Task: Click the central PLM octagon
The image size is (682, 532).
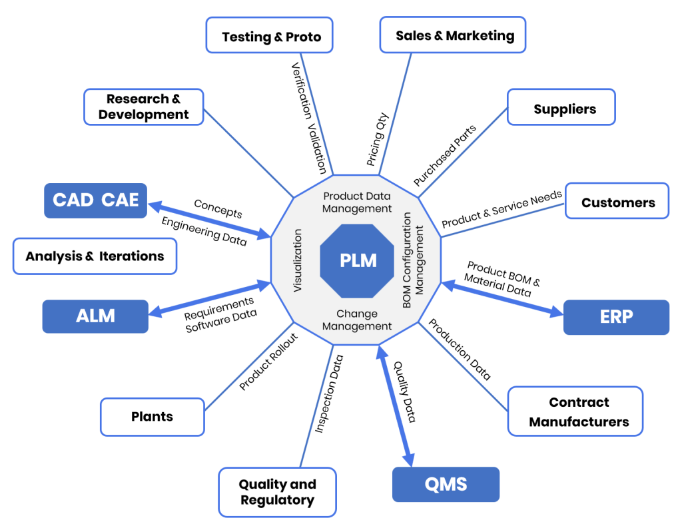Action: tap(358, 261)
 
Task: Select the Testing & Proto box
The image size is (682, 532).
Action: tap(270, 35)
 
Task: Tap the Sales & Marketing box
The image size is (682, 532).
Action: tap(453, 35)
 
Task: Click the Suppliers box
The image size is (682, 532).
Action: tap(561, 107)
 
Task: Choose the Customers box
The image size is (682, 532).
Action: tap(617, 201)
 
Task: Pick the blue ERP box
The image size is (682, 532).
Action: tap(616, 317)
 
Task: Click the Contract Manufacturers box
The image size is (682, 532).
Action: tap(575, 411)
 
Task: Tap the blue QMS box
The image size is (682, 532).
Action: tap(446, 484)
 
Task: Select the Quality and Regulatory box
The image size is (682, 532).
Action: tap(278, 492)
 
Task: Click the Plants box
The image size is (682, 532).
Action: tap(153, 417)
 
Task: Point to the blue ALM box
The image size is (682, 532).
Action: tap(95, 316)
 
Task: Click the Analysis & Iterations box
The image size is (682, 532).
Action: tap(95, 256)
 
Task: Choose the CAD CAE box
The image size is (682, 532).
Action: tap(95, 200)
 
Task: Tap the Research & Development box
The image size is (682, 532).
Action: tap(144, 107)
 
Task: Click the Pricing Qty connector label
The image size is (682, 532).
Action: tap(377, 139)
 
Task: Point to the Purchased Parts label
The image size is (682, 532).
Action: tap(444, 155)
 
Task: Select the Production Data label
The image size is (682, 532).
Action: tap(460, 349)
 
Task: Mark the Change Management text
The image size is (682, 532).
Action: tap(357, 320)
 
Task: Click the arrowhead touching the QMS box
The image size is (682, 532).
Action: tap(408, 459)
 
